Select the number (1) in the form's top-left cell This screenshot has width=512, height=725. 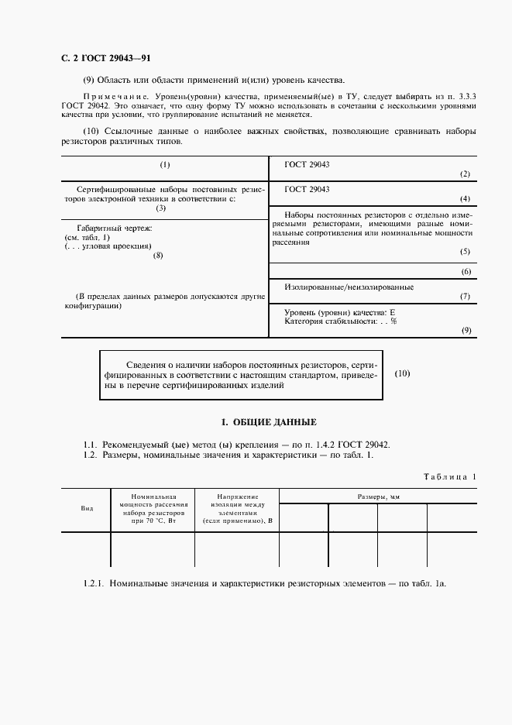[164, 165]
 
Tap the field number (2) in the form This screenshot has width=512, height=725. [465, 174]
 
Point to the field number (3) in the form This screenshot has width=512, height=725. [161, 208]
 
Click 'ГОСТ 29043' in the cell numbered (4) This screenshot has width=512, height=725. [307, 189]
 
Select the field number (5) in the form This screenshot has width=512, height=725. [465, 252]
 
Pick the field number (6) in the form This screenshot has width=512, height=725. [465, 271]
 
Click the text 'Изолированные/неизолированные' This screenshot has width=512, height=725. [349, 287]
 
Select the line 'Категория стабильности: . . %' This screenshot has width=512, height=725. [341, 321]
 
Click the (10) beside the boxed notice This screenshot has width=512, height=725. [402, 373]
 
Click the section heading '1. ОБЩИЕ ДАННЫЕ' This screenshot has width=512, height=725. [269, 422]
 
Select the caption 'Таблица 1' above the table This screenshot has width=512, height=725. [450, 476]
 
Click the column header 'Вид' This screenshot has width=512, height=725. [87, 508]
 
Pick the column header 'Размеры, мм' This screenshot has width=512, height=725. [378, 496]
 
